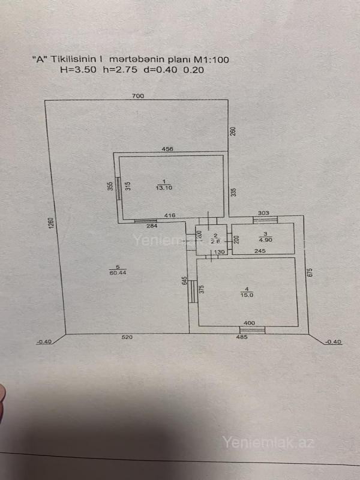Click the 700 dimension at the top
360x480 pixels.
[138, 96]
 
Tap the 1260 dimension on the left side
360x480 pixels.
[51, 223]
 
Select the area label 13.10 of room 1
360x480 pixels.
[164, 188]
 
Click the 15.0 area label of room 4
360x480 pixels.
[247, 295]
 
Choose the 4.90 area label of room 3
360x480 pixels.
[265, 240]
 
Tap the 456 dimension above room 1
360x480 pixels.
[167, 149]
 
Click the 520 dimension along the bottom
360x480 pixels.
[127, 337]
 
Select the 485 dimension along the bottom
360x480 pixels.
[242, 337]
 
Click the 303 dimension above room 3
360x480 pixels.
[263, 213]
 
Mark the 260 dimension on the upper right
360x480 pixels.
[233, 131]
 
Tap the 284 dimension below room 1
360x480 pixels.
[152, 226]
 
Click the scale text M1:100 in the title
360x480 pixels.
[212, 59]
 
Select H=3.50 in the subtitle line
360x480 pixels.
[79, 70]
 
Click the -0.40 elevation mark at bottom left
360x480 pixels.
[44, 342]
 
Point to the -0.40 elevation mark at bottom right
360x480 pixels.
[334, 342]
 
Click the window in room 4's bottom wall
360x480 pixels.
[252, 330]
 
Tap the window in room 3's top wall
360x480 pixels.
[265, 220]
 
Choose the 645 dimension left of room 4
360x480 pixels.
[184, 280]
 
